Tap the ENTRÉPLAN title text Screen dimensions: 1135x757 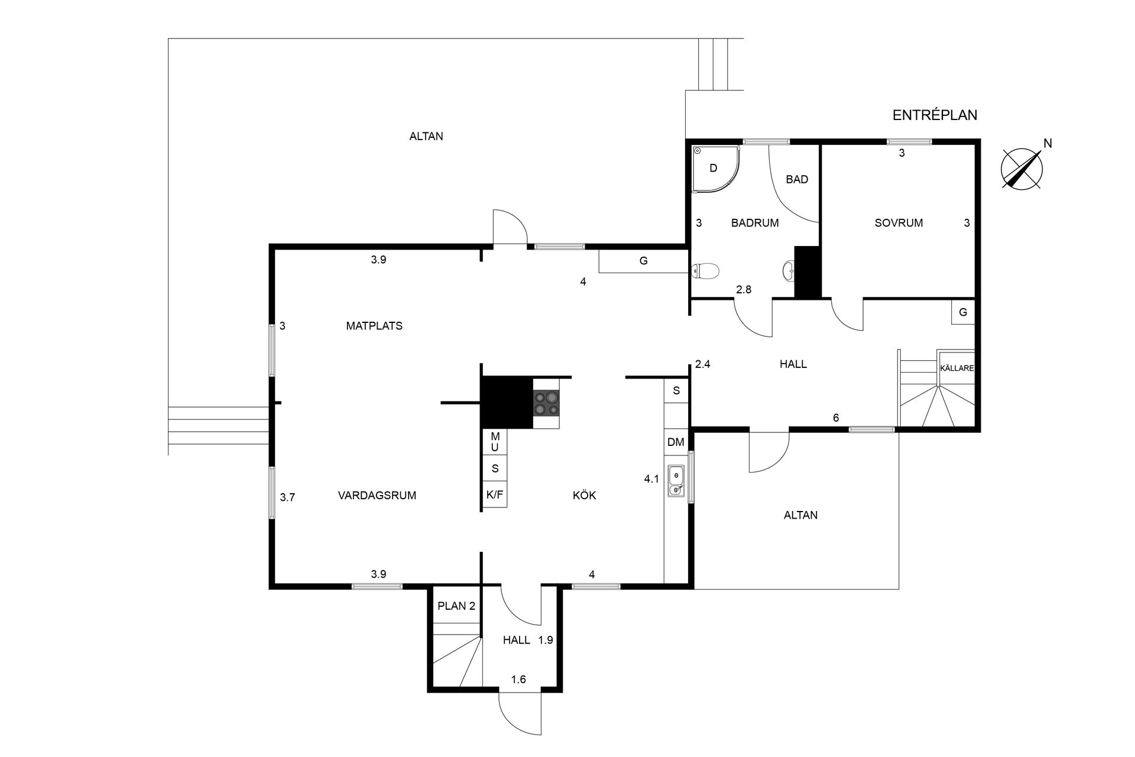coord(935,115)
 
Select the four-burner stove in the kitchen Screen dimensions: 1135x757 coord(546,403)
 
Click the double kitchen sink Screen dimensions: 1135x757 coord(676,481)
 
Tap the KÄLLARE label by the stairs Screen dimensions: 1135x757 coord(956,368)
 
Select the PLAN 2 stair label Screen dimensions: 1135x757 coord(456,606)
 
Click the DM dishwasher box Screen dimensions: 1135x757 coord(676,442)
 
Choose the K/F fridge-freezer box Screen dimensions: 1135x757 coord(495,494)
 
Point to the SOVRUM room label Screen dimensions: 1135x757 coord(899,223)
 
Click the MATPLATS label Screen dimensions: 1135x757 coord(374,326)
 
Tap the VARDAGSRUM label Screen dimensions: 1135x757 coord(377,496)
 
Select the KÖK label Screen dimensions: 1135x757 coord(585,495)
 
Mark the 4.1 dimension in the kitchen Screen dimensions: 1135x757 coord(651,479)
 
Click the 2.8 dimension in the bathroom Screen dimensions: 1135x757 coord(744,290)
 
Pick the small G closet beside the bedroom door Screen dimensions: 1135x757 coord(963,312)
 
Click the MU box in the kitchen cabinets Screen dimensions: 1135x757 coord(495,442)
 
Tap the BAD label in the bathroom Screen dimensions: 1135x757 coord(797,179)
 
